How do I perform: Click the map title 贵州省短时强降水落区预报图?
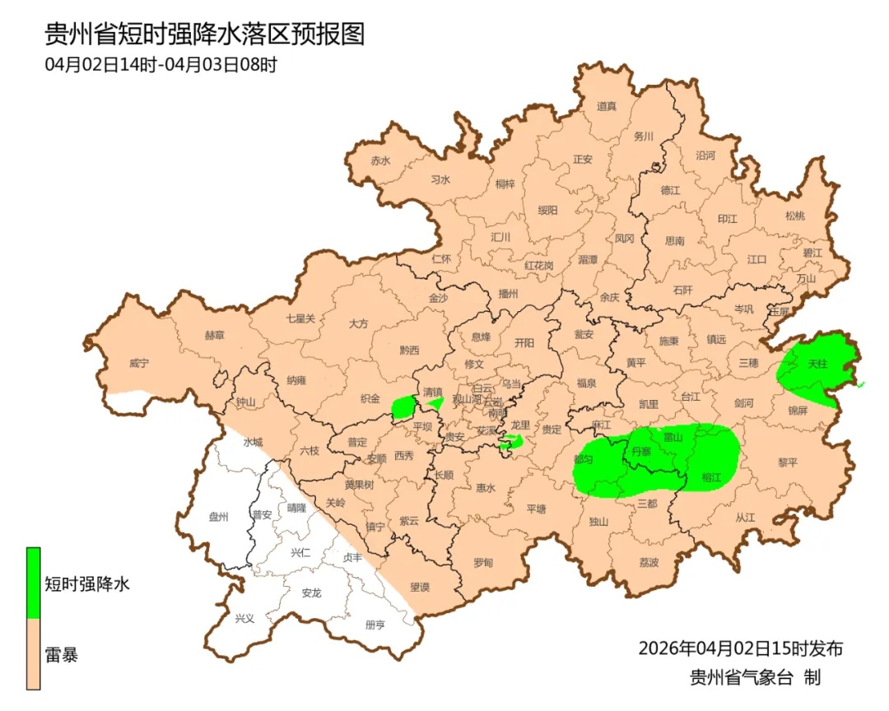tap(204, 35)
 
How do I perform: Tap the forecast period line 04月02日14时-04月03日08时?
tap(161, 65)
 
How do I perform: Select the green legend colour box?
tap(33, 583)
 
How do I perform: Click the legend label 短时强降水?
tap(87, 584)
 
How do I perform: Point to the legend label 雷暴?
tap(62, 656)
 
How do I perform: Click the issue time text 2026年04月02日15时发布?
tap(740, 648)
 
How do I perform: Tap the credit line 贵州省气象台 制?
tap(755, 678)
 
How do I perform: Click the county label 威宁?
tap(140, 363)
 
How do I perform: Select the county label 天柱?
tap(817, 363)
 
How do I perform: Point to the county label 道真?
tap(607, 105)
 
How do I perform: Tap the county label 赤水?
tap(379, 160)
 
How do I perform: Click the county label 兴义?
tap(244, 618)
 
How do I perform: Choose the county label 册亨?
tap(375, 625)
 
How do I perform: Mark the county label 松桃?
tap(794, 216)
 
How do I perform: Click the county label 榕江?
tap(711, 477)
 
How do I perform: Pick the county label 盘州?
tap(218, 517)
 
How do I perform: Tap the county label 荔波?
tap(649, 563)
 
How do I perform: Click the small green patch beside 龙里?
tap(513, 442)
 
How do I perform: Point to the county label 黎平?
tap(788, 462)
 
